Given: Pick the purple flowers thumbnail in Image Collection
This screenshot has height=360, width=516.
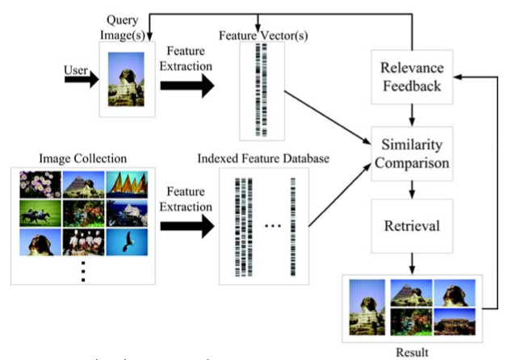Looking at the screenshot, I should (x=39, y=184).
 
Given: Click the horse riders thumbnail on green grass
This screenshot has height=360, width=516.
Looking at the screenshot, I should (x=39, y=213).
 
